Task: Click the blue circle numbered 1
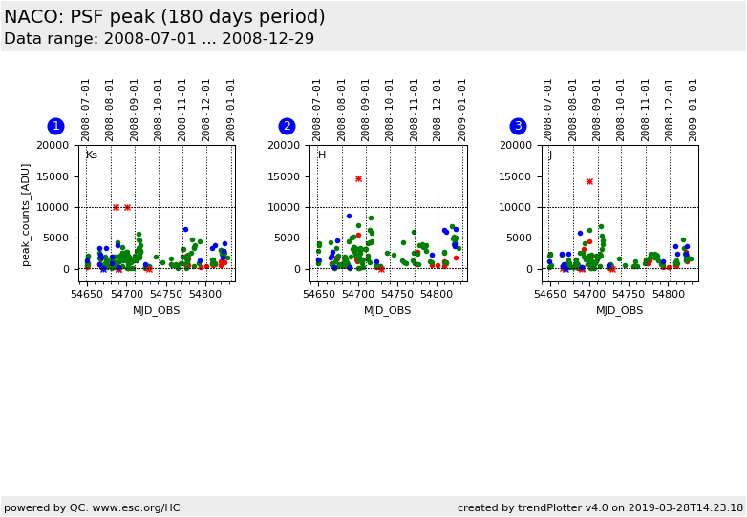[55, 126]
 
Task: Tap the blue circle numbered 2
[287, 126]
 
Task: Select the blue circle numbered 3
[518, 126]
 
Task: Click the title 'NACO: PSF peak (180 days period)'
[164, 17]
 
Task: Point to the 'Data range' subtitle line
[159, 39]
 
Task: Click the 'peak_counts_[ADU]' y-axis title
[26, 214]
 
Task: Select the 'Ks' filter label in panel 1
[91, 155]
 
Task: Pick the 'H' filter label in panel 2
[322, 155]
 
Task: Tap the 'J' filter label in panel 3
[550, 155]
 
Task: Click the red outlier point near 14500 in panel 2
[358, 178]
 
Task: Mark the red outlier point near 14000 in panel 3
[589, 181]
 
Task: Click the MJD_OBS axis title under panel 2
[388, 310]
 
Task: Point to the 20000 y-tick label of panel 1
[52, 145]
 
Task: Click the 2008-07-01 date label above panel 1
[86, 110]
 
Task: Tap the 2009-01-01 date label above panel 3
[694, 110]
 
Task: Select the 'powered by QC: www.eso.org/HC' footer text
[92, 507]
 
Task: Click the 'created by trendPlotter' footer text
[600, 507]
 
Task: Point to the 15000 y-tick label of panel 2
[283, 176]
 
